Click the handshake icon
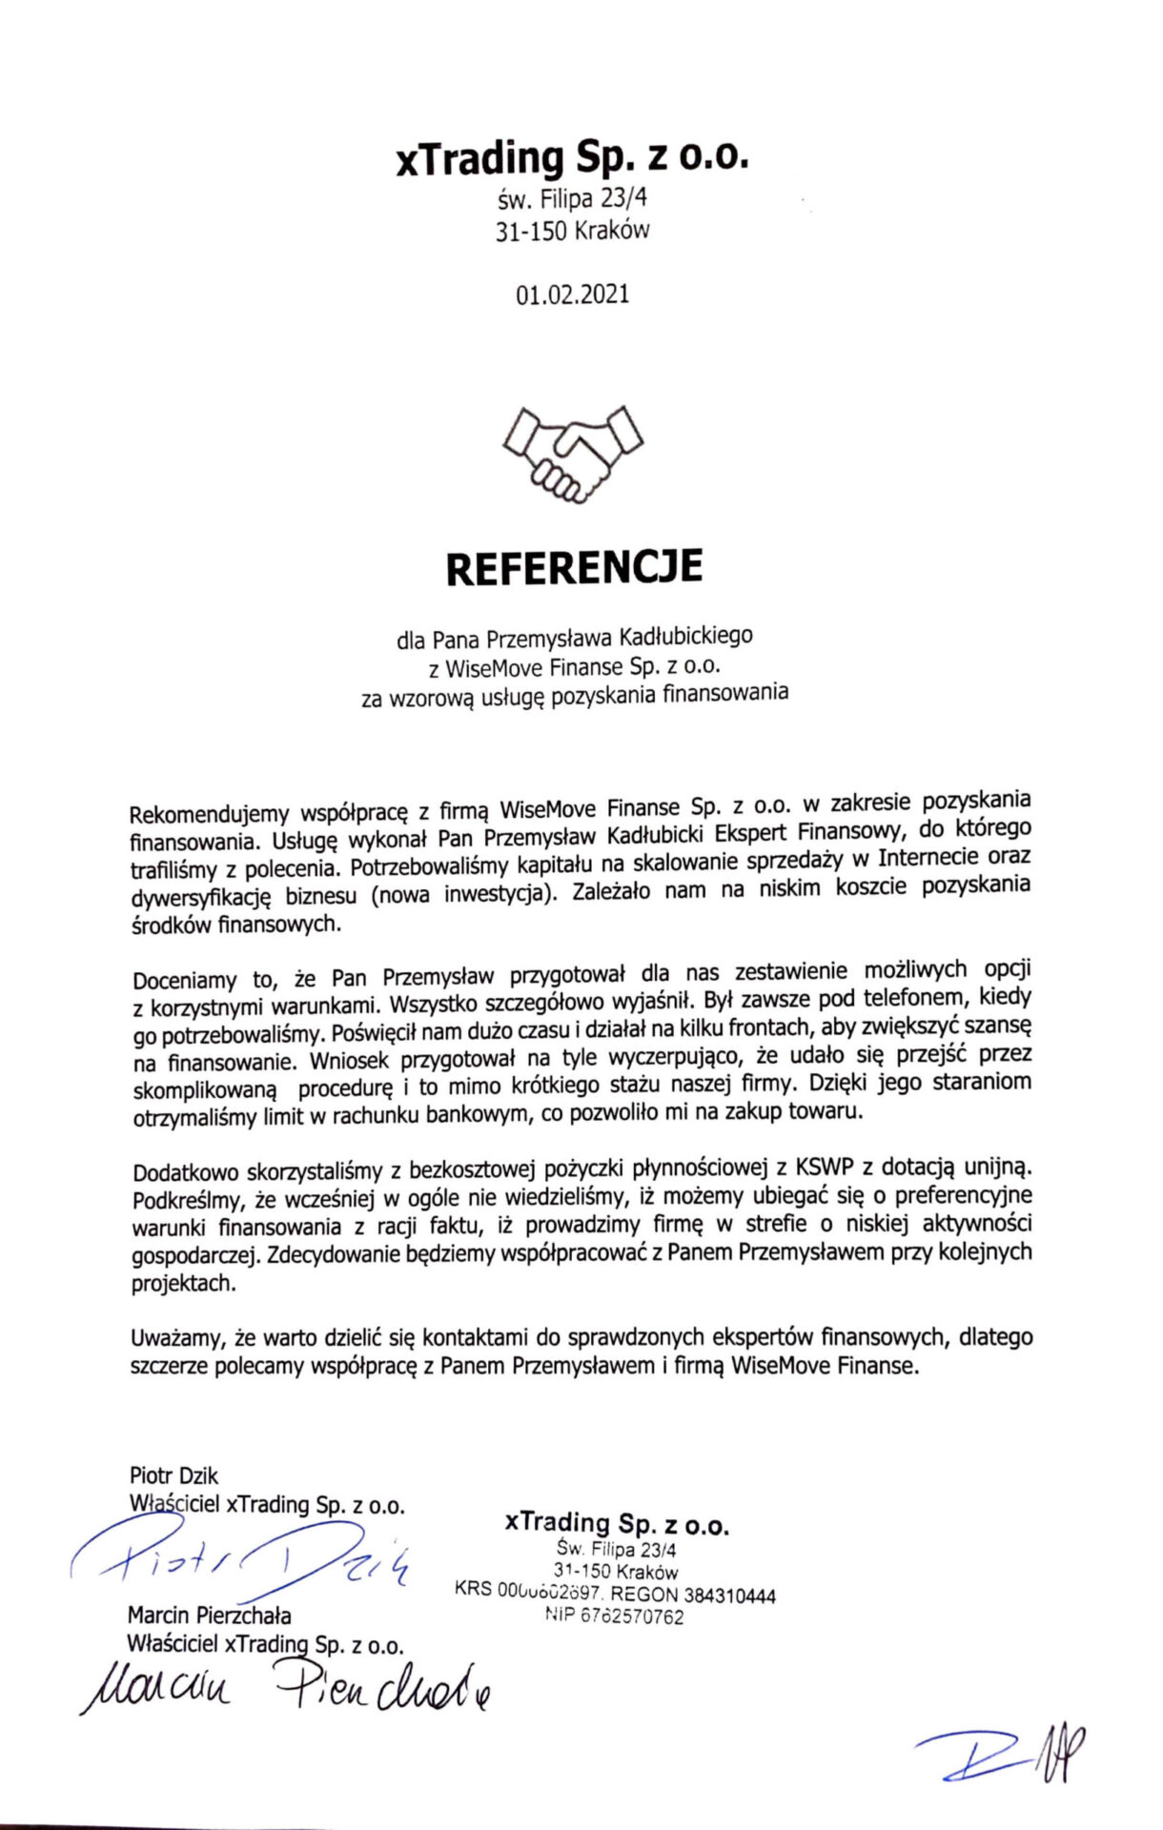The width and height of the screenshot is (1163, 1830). pos(573,454)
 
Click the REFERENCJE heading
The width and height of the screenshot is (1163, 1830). pos(574,567)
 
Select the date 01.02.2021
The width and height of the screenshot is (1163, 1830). pos(573,295)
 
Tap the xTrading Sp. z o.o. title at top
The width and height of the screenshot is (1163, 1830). pos(573,158)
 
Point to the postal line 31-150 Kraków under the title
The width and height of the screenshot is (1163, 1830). pos(573,231)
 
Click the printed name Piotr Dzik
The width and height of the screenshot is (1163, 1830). pos(173,1476)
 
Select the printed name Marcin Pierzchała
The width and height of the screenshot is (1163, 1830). pos(210,1616)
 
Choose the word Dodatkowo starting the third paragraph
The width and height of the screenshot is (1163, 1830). pos(187,1172)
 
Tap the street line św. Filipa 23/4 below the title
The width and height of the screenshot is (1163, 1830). pos(573,199)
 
